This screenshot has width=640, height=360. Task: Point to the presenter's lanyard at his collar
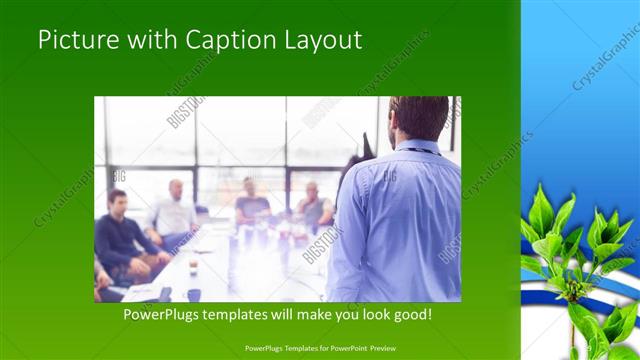[421, 150]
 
